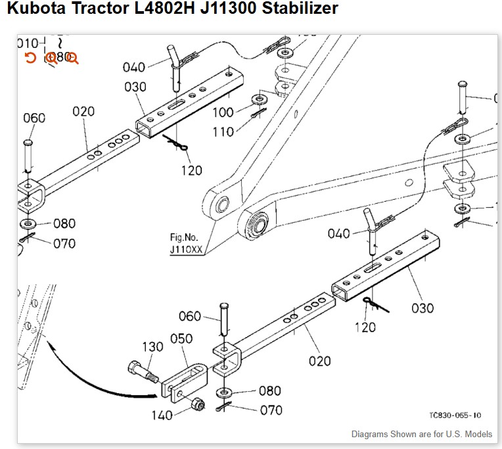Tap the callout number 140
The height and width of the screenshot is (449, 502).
pyautogui.click(x=162, y=415)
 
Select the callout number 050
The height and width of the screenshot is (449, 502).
pyautogui.click(x=181, y=339)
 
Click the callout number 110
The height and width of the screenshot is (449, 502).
pyautogui.click(x=223, y=131)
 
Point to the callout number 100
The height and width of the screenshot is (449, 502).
pyautogui.click(x=223, y=112)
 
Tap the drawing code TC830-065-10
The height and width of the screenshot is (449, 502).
pyautogui.click(x=455, y=415)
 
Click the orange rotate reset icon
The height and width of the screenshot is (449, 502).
pyautogui.click(x=30, y=58)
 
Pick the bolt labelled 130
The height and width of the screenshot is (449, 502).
pyautogui.click(x=141, y=372)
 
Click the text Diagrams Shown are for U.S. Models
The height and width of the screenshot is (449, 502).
pyautogui.click(x=421, y=435)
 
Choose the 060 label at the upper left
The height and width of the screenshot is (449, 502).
pyautogui.click(x=34, y=118)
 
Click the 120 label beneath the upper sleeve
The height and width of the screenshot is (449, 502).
pyautogui.click(x=192, y=170)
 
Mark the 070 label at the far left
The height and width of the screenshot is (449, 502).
pyautogui.click(x=64, y=243)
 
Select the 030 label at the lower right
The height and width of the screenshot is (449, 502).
pyautogui.click(x=422, y=308)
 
